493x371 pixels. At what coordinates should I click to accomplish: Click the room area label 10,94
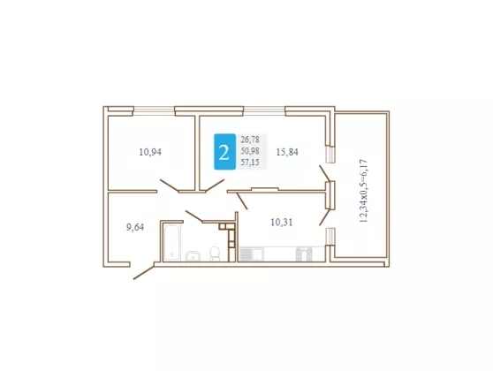[150, 152]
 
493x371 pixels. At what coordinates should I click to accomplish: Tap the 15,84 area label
[287, 152]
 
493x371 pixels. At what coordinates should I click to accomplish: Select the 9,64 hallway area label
[135, 227]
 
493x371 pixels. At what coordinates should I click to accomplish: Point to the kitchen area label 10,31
[282, 223]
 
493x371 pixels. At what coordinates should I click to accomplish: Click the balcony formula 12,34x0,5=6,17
[363, 191]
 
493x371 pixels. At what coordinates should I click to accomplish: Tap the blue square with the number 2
[224, 152]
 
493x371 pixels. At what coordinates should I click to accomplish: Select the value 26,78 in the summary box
[250, 140]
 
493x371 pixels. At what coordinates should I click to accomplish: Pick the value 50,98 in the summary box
[250, 151]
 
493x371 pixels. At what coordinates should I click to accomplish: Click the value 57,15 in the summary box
[250, 163]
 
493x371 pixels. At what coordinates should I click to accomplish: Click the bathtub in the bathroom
[171, 242]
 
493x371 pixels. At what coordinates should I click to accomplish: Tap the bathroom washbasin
[193, 256]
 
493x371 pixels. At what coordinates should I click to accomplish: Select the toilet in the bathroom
[215, 254]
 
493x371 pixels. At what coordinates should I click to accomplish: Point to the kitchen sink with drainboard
[252, 254]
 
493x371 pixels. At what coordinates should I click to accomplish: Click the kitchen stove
[304, 254]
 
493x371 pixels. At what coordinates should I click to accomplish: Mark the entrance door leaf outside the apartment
[144, 272]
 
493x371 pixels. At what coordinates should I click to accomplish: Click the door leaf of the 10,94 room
[170, 185]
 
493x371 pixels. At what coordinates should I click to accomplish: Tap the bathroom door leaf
[194, 216]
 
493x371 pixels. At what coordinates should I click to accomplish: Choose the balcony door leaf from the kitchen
[324, 217]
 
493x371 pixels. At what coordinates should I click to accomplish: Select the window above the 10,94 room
[154, 110]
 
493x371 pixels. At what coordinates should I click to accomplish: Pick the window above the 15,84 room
[264, 110]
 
